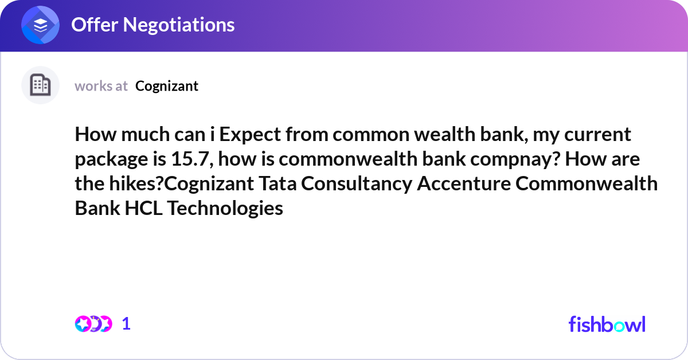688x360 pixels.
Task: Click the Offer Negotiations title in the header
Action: coord(153,25)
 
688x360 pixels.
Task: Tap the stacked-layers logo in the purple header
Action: coord(41,26)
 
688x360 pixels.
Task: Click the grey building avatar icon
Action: coord(40,85)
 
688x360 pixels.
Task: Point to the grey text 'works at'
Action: coord(101,86)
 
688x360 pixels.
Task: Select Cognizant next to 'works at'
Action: coord(167,86)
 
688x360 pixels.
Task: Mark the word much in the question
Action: coord(145,135)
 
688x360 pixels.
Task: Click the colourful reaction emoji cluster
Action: coord(93,324)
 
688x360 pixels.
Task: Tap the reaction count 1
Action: coord(127,324)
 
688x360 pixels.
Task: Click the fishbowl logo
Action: coord(607,324)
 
